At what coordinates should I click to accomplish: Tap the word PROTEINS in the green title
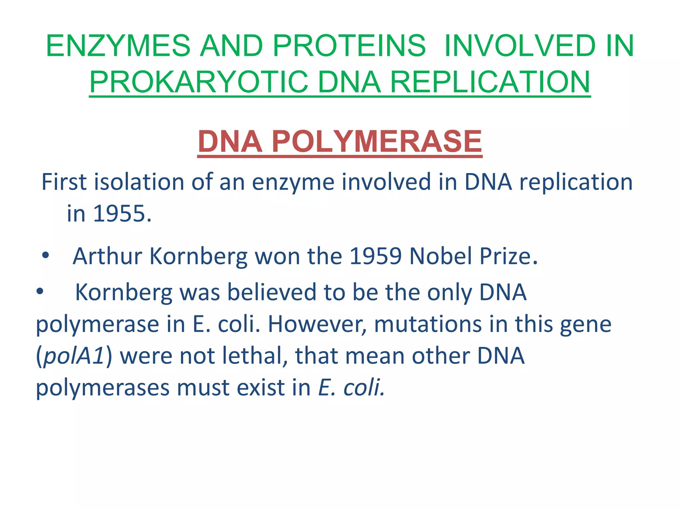coord(349,46)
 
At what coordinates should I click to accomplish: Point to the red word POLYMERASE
coord(377,141)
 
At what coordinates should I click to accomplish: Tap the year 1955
coord(122,213)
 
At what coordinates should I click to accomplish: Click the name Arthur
coord(108,256)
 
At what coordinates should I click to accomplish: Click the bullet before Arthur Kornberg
coord(45,256)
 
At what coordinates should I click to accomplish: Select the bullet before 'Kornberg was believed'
coord(40,292)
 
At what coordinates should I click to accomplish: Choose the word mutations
coord(428,324)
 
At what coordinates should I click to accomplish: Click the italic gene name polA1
coord(74,356)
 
